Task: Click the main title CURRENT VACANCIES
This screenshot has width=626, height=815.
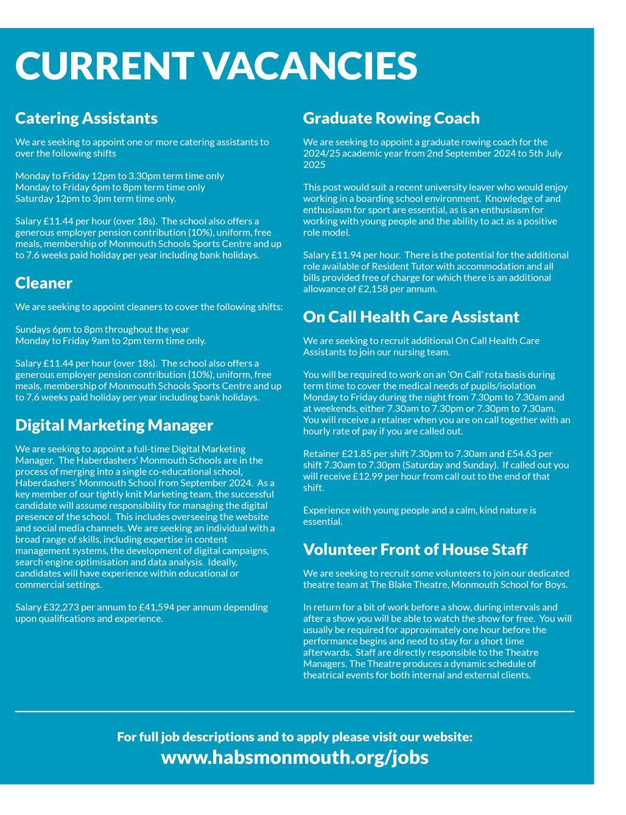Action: (x=216, y=66)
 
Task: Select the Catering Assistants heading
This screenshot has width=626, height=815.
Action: (x=86, y=118)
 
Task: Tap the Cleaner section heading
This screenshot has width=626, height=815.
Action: (x=44, y=283)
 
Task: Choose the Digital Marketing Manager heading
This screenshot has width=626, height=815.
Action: (x=114, y=425)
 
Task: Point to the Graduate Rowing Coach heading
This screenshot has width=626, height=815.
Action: (x=392, y=118)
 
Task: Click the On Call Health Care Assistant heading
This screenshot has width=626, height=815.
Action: (x=411, y=317)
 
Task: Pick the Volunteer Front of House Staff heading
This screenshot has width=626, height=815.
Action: (x=415, y=550)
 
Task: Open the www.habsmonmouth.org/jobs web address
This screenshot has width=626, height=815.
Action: (x=295, y=757)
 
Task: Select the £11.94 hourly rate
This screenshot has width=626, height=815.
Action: (x=348, y=255)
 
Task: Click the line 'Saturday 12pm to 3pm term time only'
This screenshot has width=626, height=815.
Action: (x=96, y=198)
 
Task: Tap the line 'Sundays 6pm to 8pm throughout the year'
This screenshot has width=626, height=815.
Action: (x=102, y=329)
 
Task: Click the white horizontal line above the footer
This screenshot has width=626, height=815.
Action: (x=295, y=711)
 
